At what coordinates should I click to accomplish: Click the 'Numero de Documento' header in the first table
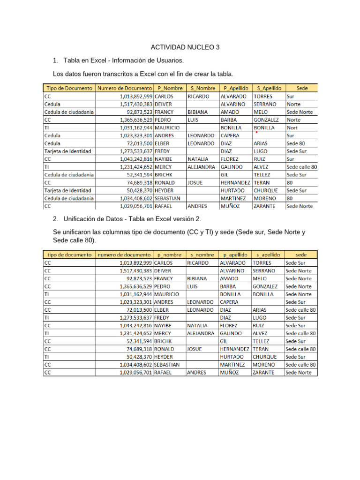[x=125, y=88]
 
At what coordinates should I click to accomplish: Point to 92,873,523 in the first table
[x=140, y=112]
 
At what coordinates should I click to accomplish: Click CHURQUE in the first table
[x=266, y=190]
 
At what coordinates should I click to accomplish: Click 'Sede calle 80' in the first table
[x=301, y=167]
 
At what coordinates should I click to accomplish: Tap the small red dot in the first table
[x=256, y=132]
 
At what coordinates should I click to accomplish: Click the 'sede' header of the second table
[x=301, y=255]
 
